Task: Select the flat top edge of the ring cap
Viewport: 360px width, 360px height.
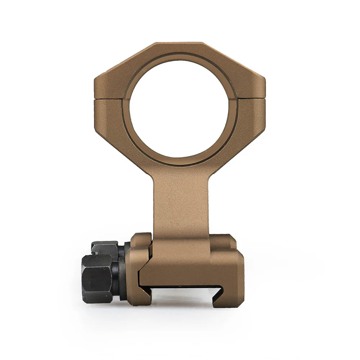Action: pos(179,45)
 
